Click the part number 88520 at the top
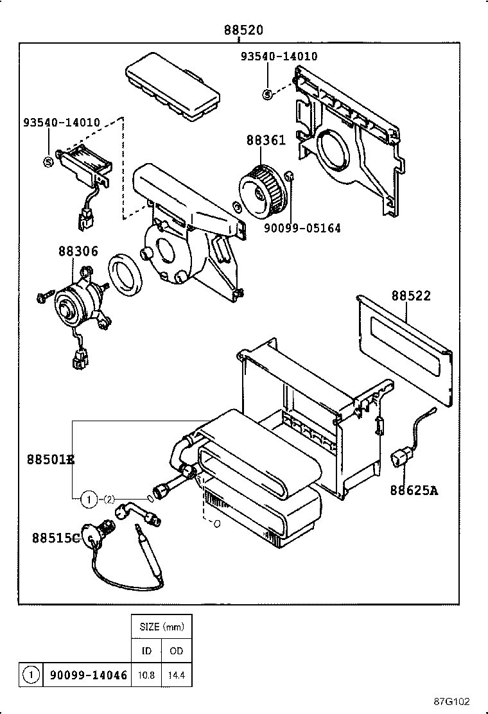[243, 30]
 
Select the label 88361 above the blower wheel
[265, 141]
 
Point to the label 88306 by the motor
[78, 251]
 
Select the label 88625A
[414, 491]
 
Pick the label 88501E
[51, 460]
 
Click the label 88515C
[56, 538]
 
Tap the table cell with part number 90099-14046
[87, 674]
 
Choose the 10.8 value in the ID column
[146, 674]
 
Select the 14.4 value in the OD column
[177, 674]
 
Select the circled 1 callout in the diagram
[88, 498]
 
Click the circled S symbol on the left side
[48, 162]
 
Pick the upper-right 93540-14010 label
[279, 57]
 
